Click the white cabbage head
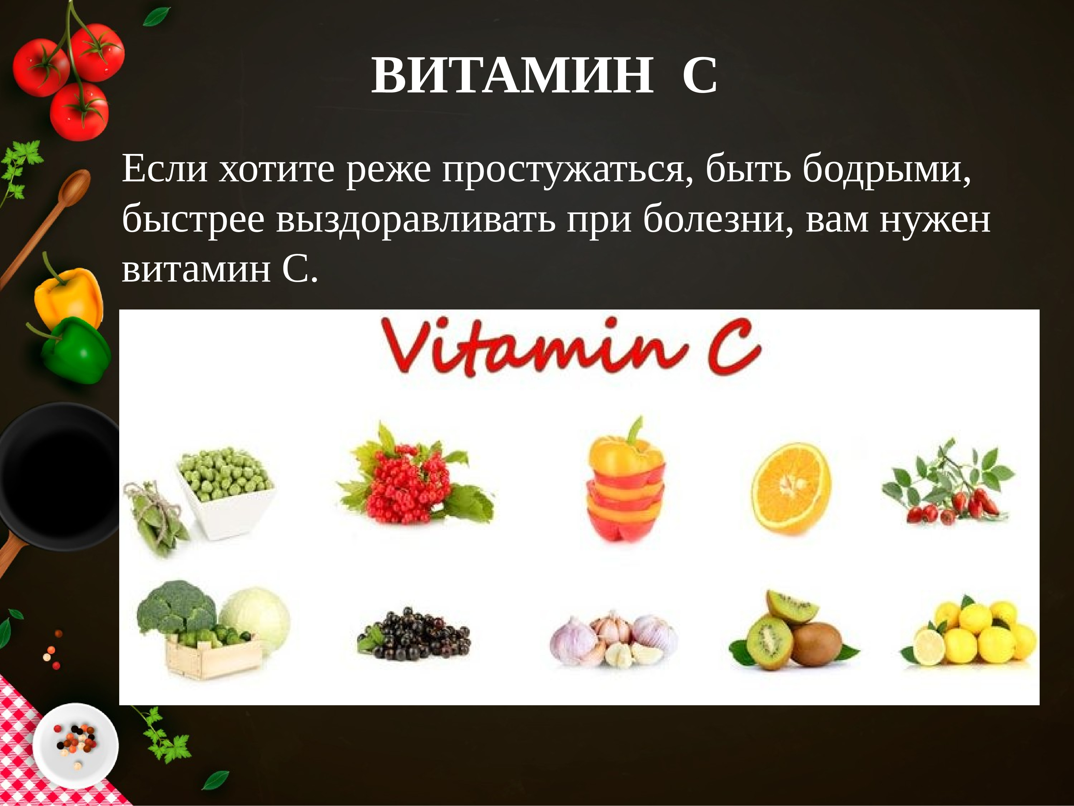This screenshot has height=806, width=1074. (255, 617)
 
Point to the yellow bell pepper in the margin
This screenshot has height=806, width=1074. (68, 296)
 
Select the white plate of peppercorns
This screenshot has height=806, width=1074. (75, 746)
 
